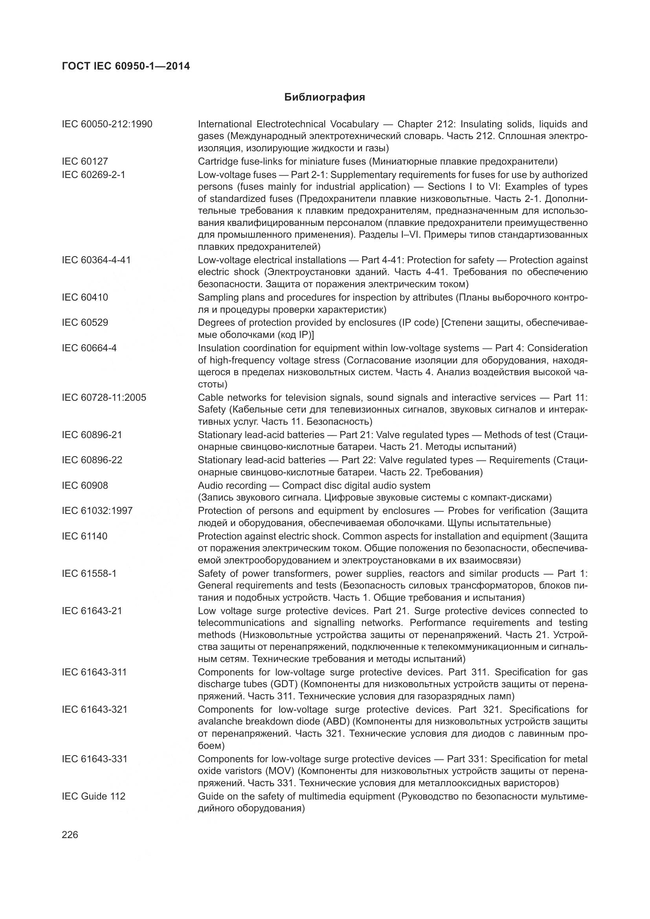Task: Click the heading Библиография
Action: click(x=325, y=97)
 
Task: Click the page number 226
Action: click(x=70, y=835)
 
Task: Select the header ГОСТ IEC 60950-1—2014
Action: click(x=126, y=66)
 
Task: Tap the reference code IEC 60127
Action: click(x=85, y=161)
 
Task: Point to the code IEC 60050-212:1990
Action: click(x=107, y=124)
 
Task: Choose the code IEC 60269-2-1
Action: click(x=94, y=175)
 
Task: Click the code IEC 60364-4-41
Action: click(x=96, y=260)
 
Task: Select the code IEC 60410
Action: click(x=85, y=297)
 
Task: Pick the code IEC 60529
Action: click(x=85, y=323)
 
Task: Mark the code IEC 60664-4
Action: click(x=89, y=348)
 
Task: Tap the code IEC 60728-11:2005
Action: click(x=104, y=398)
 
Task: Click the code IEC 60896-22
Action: click(x=92, y=460)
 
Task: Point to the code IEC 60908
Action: click(x=85, y=486)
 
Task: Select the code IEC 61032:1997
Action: click(x=97, y=511)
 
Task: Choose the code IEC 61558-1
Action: click(x=89, y=574)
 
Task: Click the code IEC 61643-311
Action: click(x=94, y=672)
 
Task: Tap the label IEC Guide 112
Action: click(x=94, y=796)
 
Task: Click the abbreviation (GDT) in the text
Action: click(x=284, y=684)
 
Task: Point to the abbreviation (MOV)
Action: click(x=285, y=771)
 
